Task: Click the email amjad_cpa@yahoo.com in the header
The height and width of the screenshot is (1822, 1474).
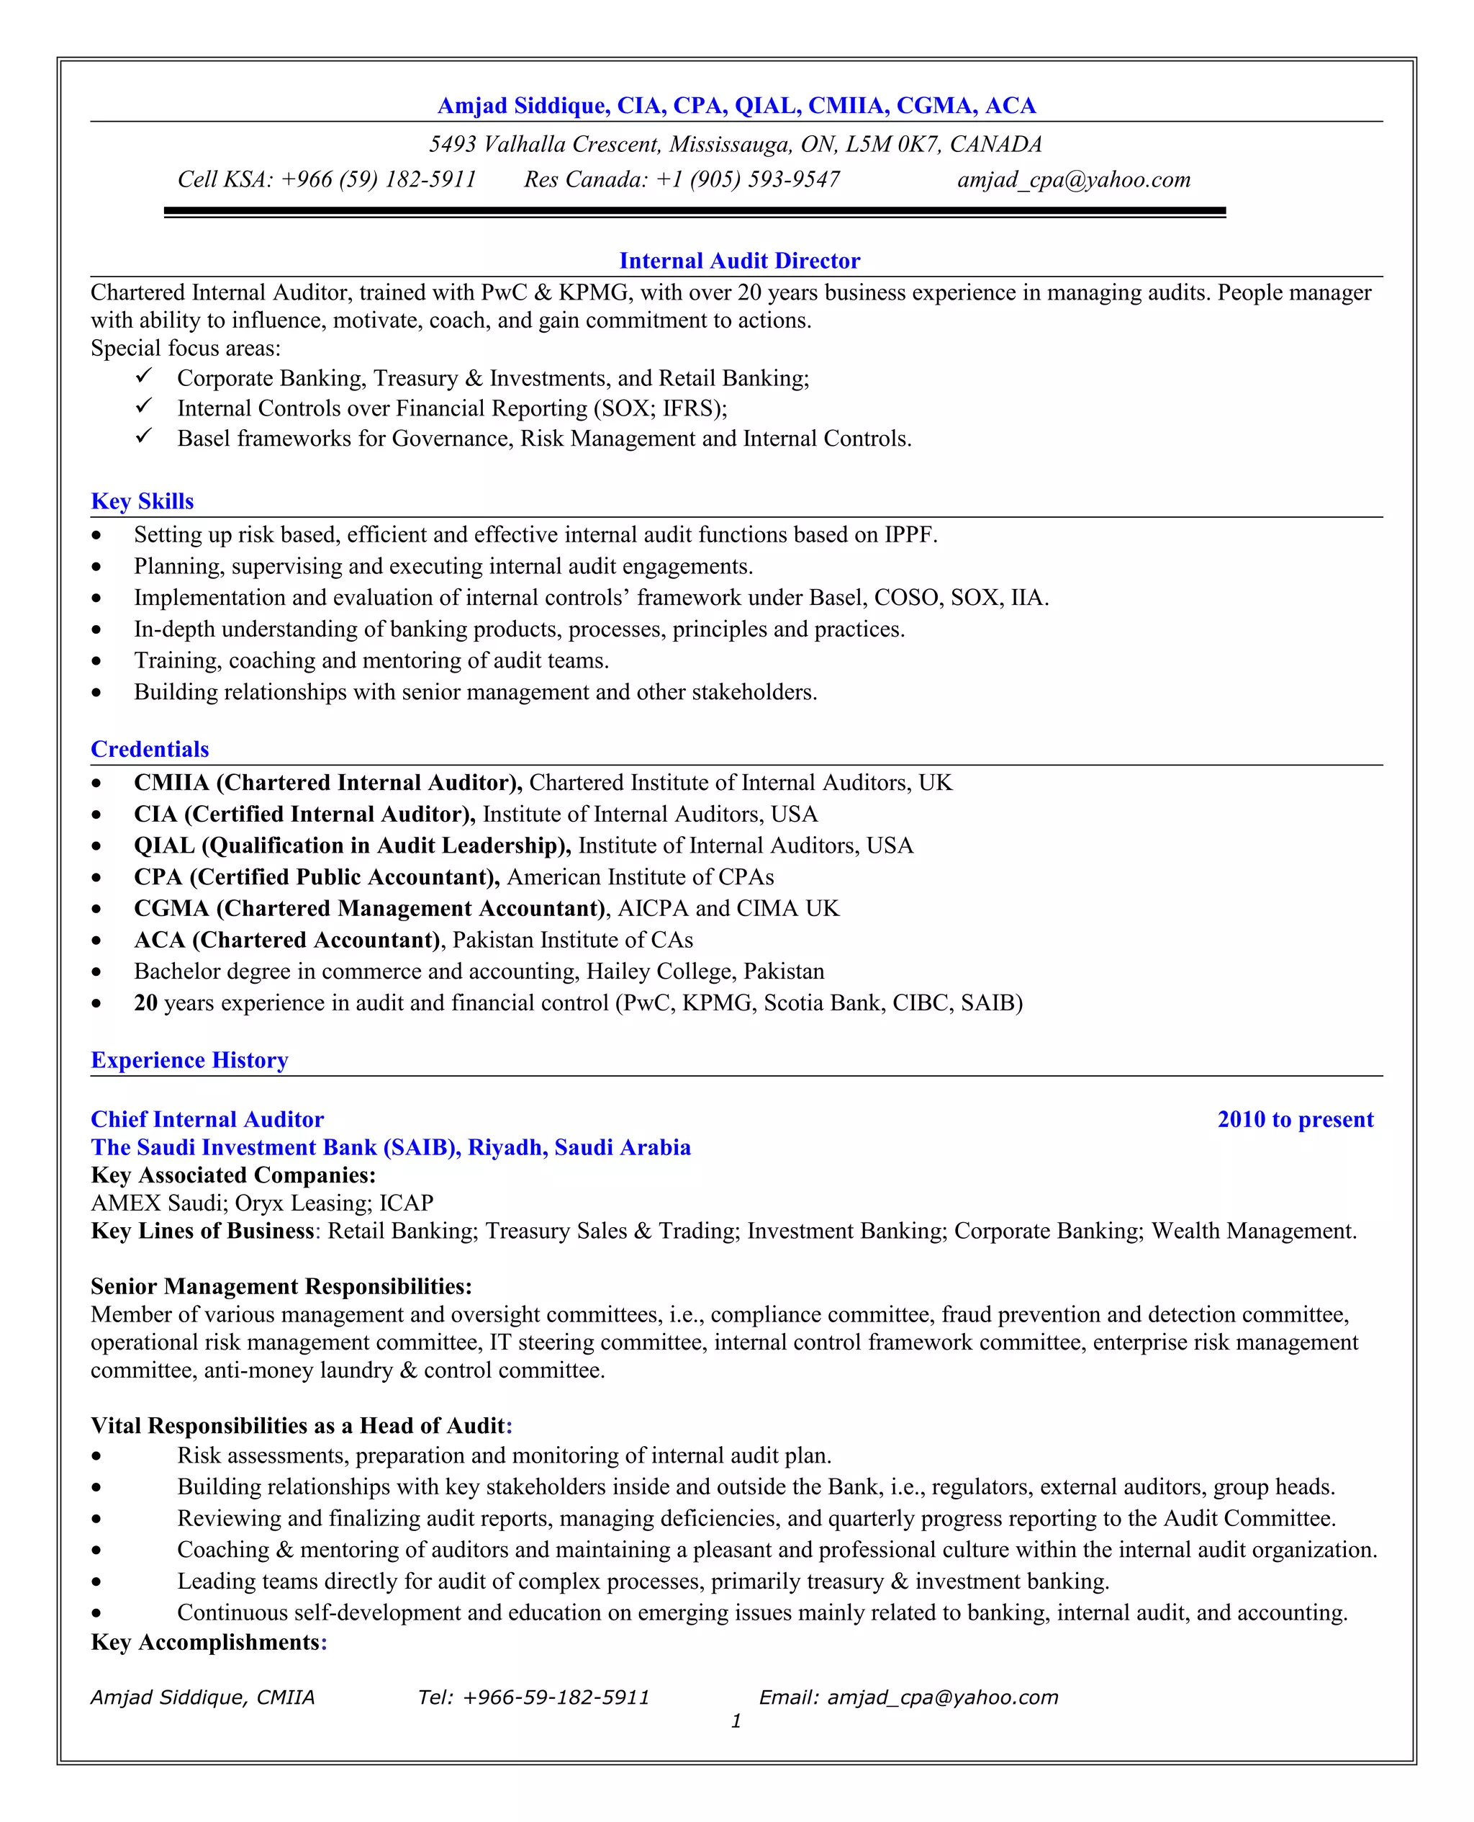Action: (x=1073, y=180)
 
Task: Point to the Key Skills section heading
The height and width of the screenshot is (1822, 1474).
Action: (x=142, y=501)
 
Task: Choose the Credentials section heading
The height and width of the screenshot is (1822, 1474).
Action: (x=150, y=749)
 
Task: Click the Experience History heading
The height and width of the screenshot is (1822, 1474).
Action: (x=189, y=1060)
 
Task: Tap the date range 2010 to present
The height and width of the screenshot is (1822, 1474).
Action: (x=1295, y=1120)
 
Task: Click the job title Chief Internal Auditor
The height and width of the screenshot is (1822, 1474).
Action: (x=207, y=1120)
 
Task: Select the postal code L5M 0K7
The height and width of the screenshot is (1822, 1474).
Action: (x=892, y=145)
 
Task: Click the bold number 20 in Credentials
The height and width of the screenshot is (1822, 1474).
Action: (x=145, y=1003)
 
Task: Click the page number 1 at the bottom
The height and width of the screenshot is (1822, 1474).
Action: (x=736, y=1721)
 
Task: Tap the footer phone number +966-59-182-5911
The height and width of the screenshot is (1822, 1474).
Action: (x=556, y=1697)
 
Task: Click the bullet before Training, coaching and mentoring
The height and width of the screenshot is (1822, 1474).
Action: (x=96, y=662)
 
